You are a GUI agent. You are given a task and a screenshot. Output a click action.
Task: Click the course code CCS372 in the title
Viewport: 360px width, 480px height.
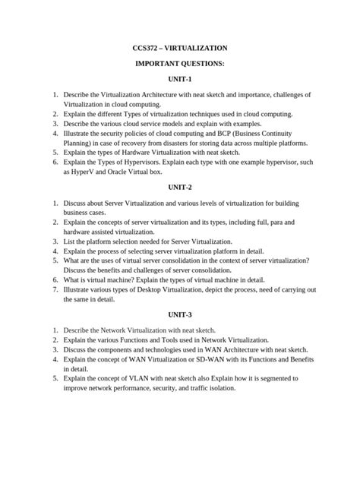pyautogui.click(x=147, y=47)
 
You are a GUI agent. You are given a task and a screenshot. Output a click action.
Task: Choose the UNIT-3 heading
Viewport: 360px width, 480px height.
pyautogui.click(x=180, y=314)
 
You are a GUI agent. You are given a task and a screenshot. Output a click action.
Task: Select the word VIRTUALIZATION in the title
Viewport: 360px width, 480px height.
pyautogui.click(x=200, y=47)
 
